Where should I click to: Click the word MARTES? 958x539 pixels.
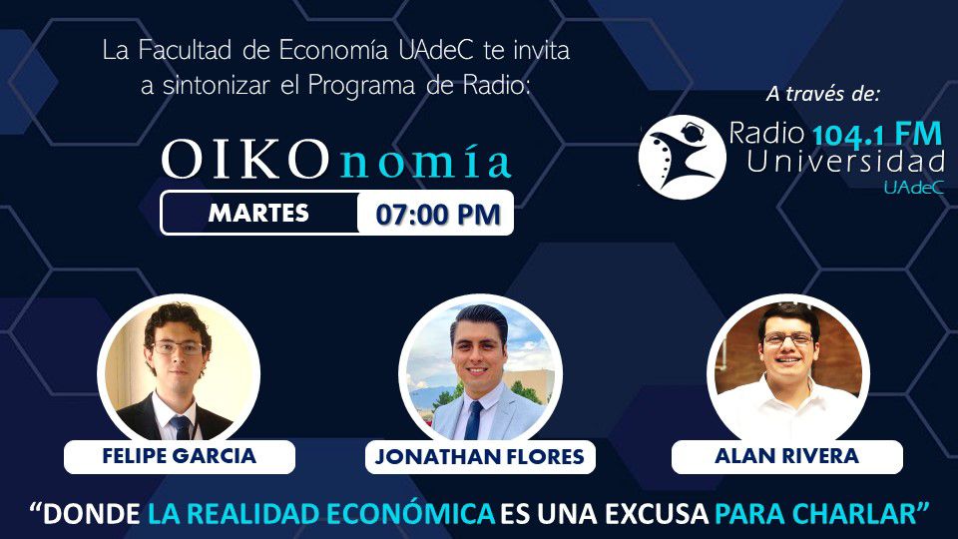coord(258,214)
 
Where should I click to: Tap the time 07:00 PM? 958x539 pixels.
coord(438,215)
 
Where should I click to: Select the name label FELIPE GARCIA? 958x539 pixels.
coord(179,456)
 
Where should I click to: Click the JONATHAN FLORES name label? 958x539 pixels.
coord(480,456)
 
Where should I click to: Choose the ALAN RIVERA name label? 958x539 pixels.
coord(787,456)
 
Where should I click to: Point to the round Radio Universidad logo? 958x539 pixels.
coord(682,157)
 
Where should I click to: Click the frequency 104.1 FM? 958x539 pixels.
coord(877,135)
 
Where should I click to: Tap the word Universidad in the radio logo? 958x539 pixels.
coord(845,162)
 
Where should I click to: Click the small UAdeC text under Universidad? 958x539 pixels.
coord(913,188)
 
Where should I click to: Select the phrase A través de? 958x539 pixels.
coord(823,94)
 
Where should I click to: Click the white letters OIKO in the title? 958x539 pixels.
coord(245,160)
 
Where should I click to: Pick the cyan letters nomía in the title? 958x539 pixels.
coord(425,162)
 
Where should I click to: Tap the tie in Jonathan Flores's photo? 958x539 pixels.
coord(473,420)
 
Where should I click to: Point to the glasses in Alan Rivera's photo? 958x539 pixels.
coord(788,339)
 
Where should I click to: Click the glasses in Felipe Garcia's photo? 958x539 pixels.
coord(178,348)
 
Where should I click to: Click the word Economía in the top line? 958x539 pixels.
coord(335,51)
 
